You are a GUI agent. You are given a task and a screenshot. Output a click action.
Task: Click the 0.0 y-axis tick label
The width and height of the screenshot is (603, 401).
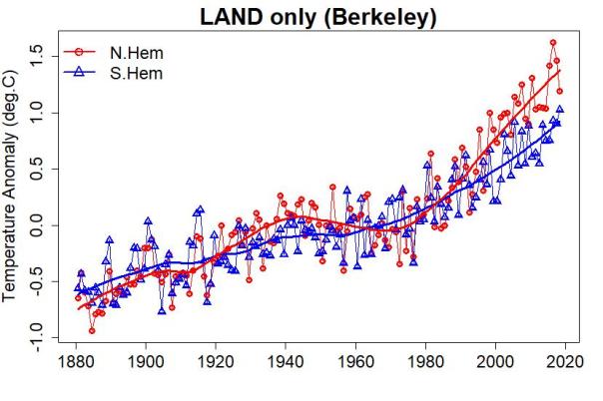(39, 227)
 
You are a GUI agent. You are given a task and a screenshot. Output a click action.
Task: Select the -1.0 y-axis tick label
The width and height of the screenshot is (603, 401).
(39, 337)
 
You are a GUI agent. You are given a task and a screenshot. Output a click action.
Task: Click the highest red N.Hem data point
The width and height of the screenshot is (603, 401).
(553, 43)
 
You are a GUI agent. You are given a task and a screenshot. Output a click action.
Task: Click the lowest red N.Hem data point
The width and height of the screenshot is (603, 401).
(92, 330)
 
